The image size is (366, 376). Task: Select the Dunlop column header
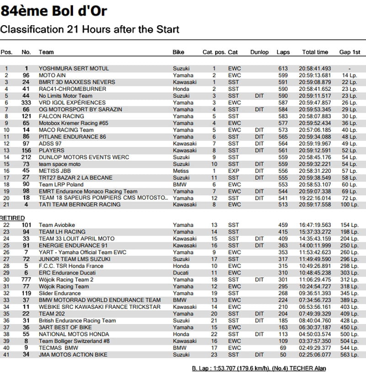(x=259, y=52)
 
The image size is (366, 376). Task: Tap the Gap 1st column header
(x=350, y=52)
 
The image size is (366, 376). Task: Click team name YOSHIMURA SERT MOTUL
(x=74, y=69)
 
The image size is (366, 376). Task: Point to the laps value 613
(x=283, y=69)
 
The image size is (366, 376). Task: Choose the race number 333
(x=26, y=103)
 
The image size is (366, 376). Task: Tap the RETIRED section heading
(x=12, y=218)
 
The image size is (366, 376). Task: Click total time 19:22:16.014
(x=315, y=198)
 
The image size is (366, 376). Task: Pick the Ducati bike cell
(x=180, y=273)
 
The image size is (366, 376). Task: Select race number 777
(x=26, y=280)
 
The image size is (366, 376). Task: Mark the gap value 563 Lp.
(x=350, y=355)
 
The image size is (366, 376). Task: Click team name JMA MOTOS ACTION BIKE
(x=73, y=355)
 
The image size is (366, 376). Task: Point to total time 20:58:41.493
(x=315, y=69)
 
